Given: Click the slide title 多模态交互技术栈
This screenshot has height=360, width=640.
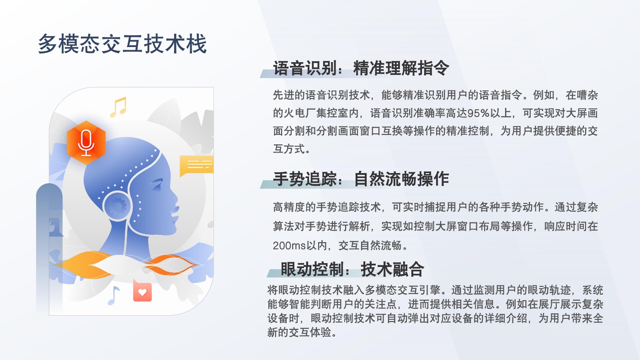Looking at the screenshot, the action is tap(123, 44).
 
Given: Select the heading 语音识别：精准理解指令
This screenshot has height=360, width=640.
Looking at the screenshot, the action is tap(361, 68).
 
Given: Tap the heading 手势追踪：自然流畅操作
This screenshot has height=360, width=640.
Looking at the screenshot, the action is tap(361, 179).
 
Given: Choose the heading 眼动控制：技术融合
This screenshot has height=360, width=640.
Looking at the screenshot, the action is tap(352, 269).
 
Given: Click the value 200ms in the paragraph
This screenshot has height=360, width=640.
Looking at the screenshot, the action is tap(289, 245).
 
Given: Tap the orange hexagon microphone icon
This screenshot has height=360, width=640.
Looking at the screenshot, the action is tap(86, 143).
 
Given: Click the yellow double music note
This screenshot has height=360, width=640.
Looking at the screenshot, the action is tap(118, 107).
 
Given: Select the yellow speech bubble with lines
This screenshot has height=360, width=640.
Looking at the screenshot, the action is tap(197, 165).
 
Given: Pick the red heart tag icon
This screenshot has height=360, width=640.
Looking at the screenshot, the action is tap(142, 291).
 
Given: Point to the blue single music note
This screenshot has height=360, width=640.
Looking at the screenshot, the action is tap(114, 296).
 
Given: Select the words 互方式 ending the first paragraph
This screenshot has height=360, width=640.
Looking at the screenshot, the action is tap(289, 149).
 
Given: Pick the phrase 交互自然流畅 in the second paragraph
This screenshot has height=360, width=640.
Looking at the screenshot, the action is tap(370, 245).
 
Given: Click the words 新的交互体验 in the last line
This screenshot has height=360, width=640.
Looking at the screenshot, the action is tap(299, 332).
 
